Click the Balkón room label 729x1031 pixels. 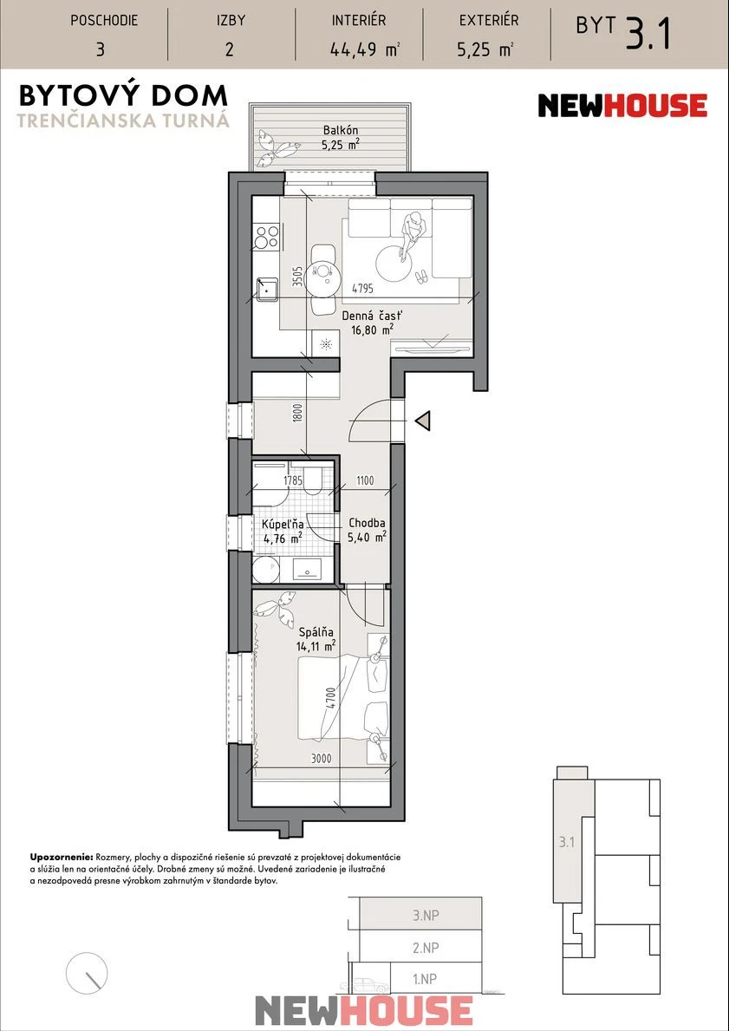[x=340, y=130]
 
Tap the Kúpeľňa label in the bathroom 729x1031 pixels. [x=282, y=525]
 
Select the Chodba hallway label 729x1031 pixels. [x=366, y=524]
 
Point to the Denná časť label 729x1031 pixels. [x=371, y=316]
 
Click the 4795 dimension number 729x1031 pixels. [x=363, y=287]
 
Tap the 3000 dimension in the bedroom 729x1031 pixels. [x=321, y=759]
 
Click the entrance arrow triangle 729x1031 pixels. [x=424, y=421]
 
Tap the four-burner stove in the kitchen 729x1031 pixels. [x=267, y=237]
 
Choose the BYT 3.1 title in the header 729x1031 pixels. [x=622, y=32]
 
